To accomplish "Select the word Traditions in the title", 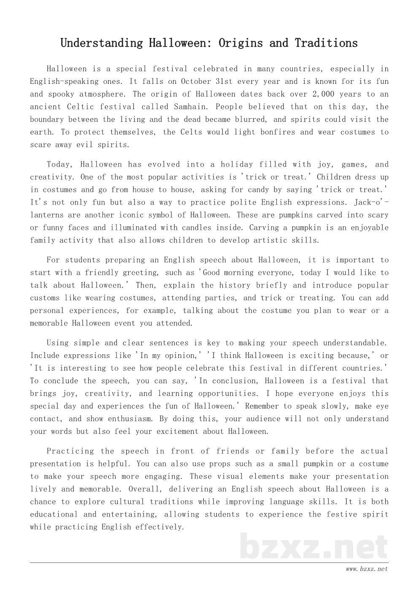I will click(x=326, y=43).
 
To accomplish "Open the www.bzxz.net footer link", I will click(x=366, y=569).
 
